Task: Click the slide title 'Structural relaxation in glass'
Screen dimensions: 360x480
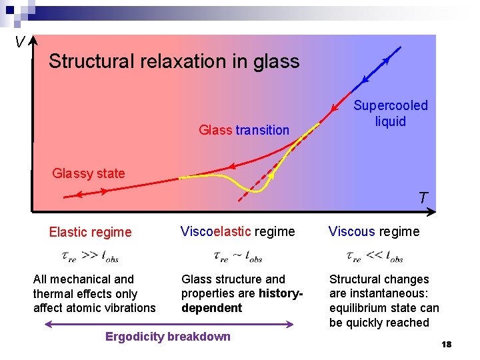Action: (x=174, y=62)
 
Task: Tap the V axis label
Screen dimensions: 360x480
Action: (x=19, y=43)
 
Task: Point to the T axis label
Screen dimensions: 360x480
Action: (x=423, y=198)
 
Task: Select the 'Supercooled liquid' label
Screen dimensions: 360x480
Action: (x=391, y=113)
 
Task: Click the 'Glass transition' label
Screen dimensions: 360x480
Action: (x=244, y=130)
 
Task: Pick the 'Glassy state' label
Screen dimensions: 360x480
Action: (x=89, y=173)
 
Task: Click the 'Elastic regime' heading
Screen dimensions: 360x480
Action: (x=90, y=232)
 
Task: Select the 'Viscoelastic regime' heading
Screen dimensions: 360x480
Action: (x=237, y=231)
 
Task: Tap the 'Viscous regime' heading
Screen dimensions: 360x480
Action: (x=374, y=231)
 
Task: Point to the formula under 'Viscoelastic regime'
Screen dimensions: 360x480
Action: (x=237, y=257)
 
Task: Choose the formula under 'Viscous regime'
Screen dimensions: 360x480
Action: (x=375, y=257)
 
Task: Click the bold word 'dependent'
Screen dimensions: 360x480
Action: (x=211, y=308)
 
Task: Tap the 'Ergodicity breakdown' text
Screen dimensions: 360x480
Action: (x=168, y=337)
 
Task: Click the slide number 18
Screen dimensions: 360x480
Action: (x=446, y=344)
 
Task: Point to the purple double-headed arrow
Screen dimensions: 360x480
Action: (x=168, y=325)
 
